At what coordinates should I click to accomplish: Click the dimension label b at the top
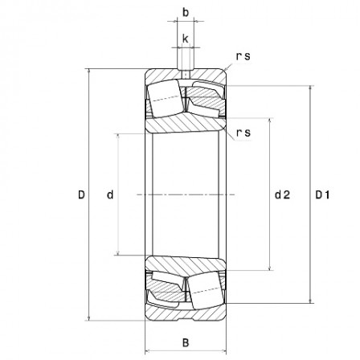tap(186, 13)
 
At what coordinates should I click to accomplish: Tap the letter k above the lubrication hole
tap(186, 38)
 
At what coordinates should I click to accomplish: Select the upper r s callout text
tap(243, 55)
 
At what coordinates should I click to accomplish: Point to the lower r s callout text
tap(243, 133)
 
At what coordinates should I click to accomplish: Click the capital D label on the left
tap(81, 194)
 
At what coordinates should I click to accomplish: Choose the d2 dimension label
tap(282, 194)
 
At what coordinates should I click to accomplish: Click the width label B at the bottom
tap(186, 342)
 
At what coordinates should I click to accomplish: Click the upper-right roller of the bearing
tap(204, 100)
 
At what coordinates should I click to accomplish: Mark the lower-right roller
tap(204, 290)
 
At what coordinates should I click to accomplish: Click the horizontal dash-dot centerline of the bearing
tap(186, 194)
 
